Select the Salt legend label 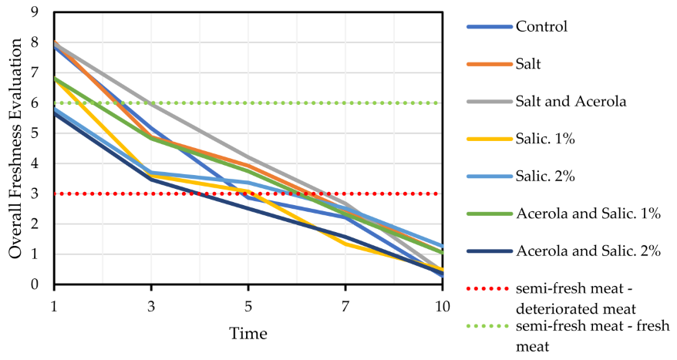(527, 63)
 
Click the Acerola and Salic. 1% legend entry (588, 214)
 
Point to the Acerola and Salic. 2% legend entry (588, 252)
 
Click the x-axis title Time (248, 334)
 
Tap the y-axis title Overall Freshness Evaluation (15, 148)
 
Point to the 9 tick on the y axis (35, 12)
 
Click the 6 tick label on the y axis (35, 103)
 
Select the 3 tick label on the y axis (35, 194)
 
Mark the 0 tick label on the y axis (35, 285)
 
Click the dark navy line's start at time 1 (54, 114)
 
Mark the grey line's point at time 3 (151, 103)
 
